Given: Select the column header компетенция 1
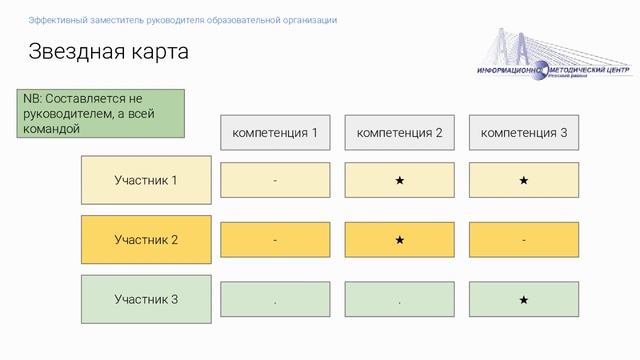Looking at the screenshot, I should (275, 132).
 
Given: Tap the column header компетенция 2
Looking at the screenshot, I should (399, 132).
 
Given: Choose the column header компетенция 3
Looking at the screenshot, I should (523, 132).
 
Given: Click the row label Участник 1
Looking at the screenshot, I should (146, 180).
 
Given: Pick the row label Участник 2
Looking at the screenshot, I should (146, 240).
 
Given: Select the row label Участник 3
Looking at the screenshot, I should (146, 299).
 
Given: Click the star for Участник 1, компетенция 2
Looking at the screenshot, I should (399, 181).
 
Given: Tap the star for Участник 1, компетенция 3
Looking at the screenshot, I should (523, 181).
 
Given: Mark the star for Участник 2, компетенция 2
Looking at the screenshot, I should (399, 240).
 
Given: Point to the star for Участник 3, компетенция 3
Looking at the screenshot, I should (523, 300).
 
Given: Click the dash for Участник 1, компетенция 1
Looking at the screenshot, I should (275, 181).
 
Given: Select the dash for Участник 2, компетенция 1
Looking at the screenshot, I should (275, 240).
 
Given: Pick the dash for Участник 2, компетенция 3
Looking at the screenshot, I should (523, 240).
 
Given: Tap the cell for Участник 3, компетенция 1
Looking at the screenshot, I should (275, 300).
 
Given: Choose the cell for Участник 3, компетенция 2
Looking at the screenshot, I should (399, 300).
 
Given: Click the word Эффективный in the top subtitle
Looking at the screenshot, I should (57, 20).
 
